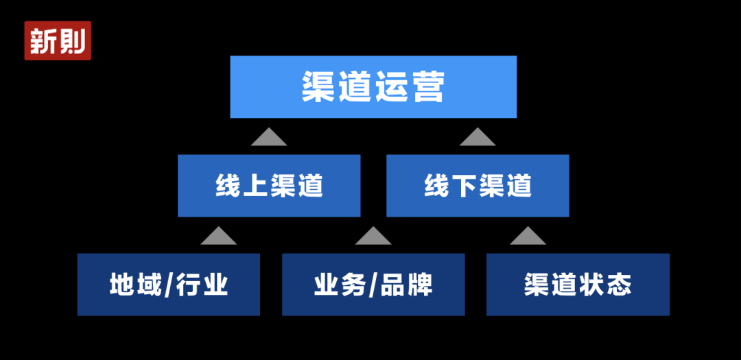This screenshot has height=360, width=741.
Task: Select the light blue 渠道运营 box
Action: (x=373, y=87)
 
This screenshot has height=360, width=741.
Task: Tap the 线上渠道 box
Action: (x=269, y=186)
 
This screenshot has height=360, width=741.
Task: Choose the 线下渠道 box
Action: (x=478, y=186)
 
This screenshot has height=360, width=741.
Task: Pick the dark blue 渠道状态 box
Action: (x=578, y=285)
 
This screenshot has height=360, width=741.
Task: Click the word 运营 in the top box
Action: (x=410, y=87)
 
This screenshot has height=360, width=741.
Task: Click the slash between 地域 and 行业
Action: (x=169, y=285)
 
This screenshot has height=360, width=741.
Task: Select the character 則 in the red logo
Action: (x=73, y=41)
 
